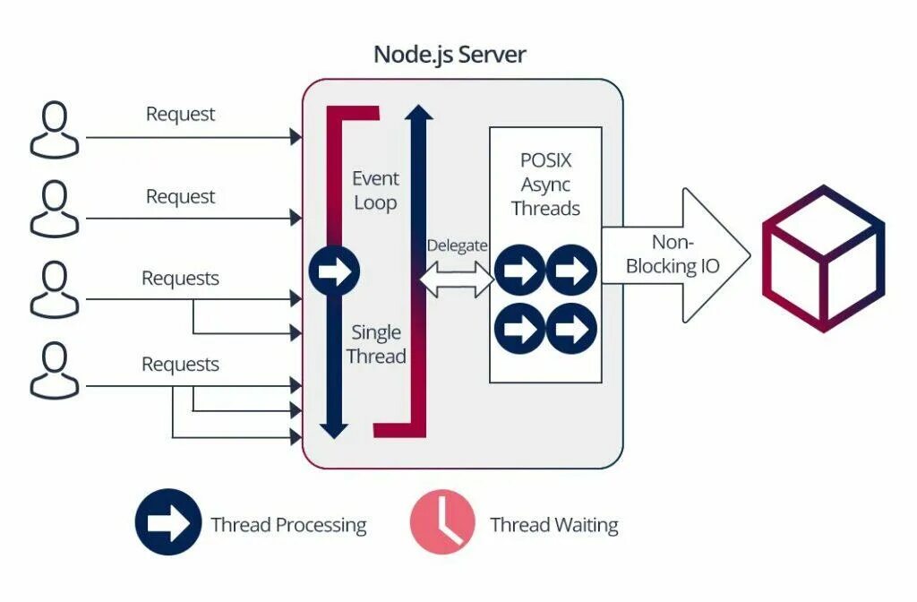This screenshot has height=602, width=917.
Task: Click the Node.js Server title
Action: click(450, 55)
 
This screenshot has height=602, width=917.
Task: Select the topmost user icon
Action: click(55, 130)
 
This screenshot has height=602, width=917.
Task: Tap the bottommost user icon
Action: click(55, 371)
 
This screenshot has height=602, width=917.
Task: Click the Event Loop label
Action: click(375, 190)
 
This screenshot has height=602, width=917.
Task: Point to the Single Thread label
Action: click(376, 344)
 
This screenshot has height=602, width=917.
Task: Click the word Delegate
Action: click(457, 245)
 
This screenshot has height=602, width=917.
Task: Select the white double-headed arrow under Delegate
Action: click(458, 279)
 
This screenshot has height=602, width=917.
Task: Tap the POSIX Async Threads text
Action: click(545, 185)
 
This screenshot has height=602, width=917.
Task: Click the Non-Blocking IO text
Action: click(673, 254)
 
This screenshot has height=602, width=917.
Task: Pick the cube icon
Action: click(824, 259)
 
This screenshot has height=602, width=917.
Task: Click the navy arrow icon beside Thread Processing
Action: click(168, 522)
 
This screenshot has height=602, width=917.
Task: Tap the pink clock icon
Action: click(442, 522)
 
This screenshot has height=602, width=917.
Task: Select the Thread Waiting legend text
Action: click(553, 525)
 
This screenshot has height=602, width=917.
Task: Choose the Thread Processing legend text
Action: click(289, 525)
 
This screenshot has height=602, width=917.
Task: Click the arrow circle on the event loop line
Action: click(334, 271)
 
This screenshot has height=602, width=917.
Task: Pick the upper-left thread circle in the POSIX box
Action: click(520, 270)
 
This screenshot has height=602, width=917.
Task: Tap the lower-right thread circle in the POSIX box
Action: click(571, 328)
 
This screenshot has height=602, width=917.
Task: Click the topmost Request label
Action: click(180, 114)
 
